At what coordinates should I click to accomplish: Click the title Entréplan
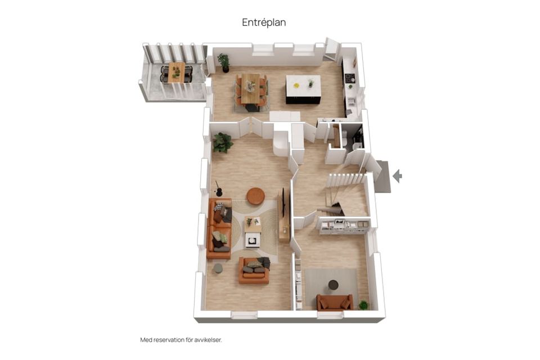[x=264, y=22]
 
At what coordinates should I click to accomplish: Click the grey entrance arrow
[x=398, y=176]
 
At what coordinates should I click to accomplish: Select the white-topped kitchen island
[x=303, y=89]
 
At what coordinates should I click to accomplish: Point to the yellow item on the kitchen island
[x=296, y=85]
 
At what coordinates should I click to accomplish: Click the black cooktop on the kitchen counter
[x=349, y=78]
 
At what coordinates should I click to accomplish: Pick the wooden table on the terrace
[x=176, y=72]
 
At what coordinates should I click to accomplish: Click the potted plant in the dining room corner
[x=224, y=62]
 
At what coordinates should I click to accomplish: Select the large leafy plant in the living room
[x=223, y=142]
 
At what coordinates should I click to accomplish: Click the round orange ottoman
[x=255, y=196]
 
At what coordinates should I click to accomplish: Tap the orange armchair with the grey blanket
[x=254, y=271]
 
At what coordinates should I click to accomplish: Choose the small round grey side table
[x=218, y=268]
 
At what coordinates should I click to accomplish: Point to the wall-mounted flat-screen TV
[x=283, y=202]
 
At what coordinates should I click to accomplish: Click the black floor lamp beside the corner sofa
[x=218, y=189]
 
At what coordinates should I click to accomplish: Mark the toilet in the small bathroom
[x=344, y=139]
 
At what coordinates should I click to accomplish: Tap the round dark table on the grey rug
[x=333, y=285]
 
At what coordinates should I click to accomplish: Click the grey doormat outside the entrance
[x=382, y=177]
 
